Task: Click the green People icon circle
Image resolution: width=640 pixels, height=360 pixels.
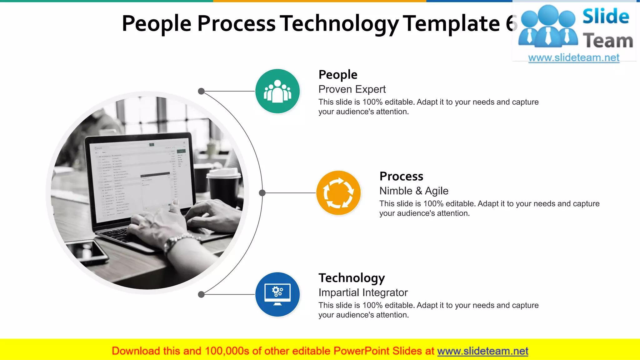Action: tap(277, 91)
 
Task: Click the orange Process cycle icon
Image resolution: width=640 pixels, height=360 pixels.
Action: tap(338, 193)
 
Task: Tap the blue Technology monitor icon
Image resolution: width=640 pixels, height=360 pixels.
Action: tap(277, 294)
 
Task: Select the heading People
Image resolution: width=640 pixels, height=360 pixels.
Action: tap(338, 75)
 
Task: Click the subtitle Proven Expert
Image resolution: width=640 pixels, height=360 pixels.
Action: tap(352, 89)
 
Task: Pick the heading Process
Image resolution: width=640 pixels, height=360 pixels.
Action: tap(401, 176)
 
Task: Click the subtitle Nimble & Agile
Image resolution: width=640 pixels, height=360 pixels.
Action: tap(414, 191)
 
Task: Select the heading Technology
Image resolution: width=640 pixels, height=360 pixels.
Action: tap(352, 278)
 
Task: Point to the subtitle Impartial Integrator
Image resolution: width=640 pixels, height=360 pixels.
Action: tap(363, 292)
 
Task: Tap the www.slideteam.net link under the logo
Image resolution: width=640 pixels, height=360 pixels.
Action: tap(574, 58)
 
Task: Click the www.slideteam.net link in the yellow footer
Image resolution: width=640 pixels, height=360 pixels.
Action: tap(482, 351)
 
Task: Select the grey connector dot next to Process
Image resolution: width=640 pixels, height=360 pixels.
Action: tap(262, 193)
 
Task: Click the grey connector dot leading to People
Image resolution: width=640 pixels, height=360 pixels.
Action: tap(201, 91)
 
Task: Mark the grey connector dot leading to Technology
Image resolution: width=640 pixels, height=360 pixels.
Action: tap(201, 294)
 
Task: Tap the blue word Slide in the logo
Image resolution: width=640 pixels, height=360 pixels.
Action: tap(606, 17)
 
